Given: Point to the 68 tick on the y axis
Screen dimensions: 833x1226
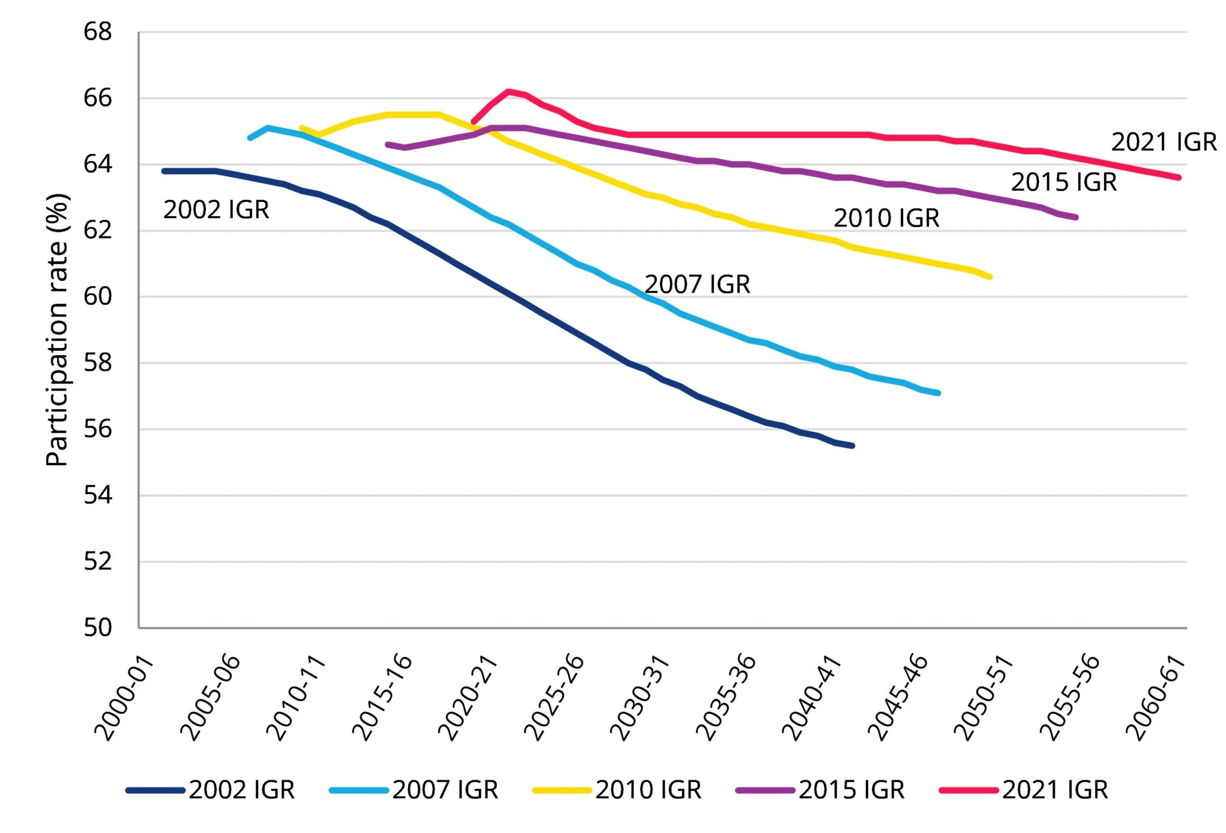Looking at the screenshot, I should pyautogui.click(x=98, y=32).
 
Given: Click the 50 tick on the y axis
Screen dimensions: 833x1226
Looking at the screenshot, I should pyautogui.click(x=98, y=628).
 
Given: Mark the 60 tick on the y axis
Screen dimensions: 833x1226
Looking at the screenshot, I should pyautogui.click(x=98, y=296).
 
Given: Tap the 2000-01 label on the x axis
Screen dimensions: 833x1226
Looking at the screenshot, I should pyautogui.click(x=124, y=698).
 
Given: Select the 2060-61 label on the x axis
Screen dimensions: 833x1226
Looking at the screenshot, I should pyautogui.click(x=1155, y=698).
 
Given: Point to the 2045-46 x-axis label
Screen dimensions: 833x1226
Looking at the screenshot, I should pyautogui.click(x=897, y=698).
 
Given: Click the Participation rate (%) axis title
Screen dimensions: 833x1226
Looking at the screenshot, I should pyautogui.click(x=57, y=329).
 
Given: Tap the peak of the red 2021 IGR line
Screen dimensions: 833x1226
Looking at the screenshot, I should pyautogui.click(x=508, y=91).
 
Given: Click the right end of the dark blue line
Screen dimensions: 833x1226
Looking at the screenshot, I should pyautogui.click(x=852, y=446).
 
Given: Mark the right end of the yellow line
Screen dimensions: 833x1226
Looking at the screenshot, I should pyautogui.click(x=990, y=277).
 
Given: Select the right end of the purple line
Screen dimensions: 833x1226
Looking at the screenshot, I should pyautogui.click(x=1076, y=217).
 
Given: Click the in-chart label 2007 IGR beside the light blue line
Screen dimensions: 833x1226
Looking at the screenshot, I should pyautogui.click(x=697, y=284).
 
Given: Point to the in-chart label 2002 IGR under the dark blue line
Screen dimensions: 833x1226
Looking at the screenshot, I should pyautogui.click(x=216, y=210).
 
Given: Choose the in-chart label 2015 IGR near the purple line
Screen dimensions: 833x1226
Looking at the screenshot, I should pyautogui.click(x=1064, y=182).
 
